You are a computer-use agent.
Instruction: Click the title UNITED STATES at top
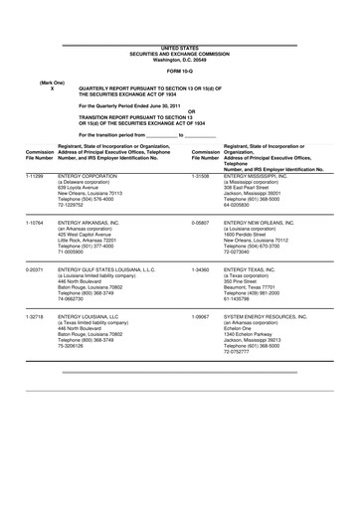click(179, 47)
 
